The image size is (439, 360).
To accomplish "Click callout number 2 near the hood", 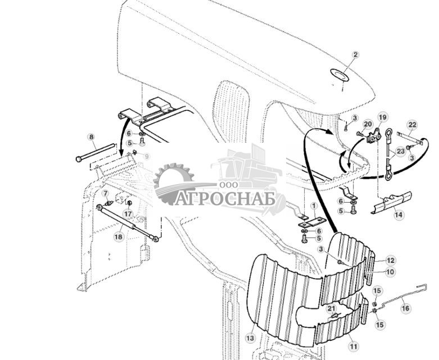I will [355, 55].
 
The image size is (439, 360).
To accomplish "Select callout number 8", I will [92, 136].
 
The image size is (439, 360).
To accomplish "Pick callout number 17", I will [128, 213].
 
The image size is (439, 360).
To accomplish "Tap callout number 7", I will [105, 194].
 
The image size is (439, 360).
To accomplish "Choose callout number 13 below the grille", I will [250, 338].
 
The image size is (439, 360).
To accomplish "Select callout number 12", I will [391, 261].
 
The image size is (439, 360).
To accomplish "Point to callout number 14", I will [398, 215].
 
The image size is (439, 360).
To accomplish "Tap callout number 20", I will [368, 124].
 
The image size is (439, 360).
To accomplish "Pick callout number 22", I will [412, 125].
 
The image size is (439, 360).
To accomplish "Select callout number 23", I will [401, 151].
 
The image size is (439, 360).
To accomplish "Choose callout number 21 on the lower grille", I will [331, 308].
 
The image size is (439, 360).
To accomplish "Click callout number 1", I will [314, 206].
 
